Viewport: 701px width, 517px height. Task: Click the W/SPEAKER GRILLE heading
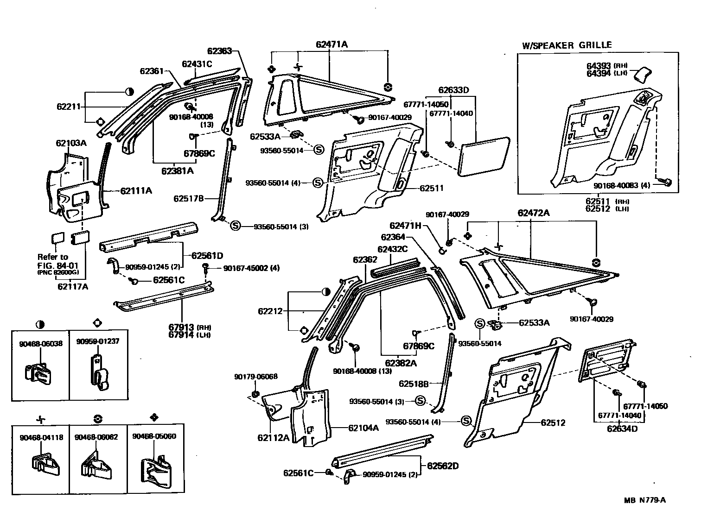tap(567, 45)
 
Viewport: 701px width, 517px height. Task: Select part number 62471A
tap(331, 44)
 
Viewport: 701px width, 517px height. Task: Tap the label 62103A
tap(71, 143)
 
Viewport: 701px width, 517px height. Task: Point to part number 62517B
tap(189, 198)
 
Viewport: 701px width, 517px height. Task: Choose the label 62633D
tap(454, 90)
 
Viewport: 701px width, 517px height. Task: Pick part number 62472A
tap(534, 213)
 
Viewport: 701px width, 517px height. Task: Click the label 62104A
tap(363, 428)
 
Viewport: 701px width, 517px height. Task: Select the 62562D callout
tap(442, 466)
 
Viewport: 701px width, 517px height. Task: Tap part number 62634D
tap(622, 428)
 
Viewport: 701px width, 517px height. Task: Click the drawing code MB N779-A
tap(644, 500)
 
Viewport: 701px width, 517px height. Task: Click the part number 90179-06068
tap(255, 376)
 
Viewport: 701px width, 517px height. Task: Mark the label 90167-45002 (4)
tap(251, 268)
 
